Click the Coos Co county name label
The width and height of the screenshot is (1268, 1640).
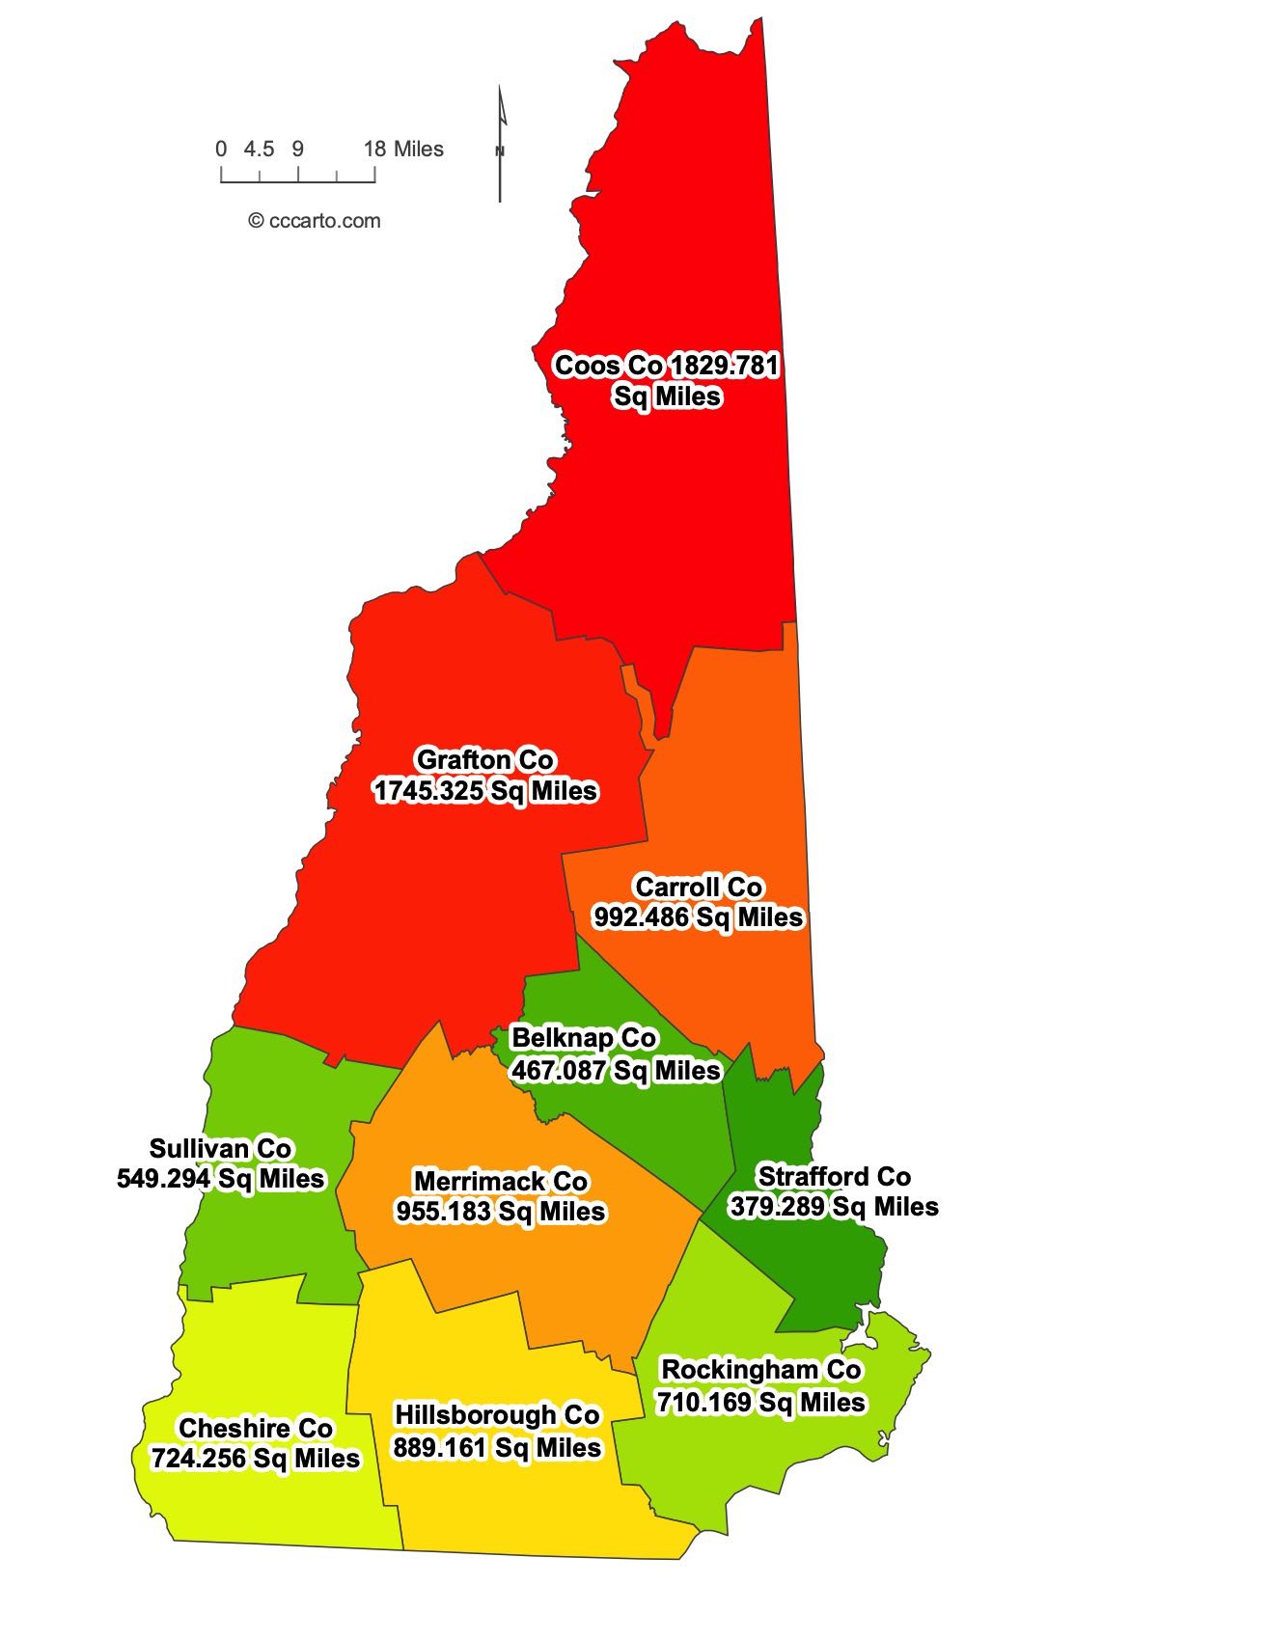pos(609,367)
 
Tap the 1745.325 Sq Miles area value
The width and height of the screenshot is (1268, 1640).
pos(485,791)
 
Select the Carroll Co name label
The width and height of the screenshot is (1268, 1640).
pos(699,887)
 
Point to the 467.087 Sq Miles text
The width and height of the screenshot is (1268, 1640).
pos(616,1071)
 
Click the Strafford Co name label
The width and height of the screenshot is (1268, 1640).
pos(834,1177)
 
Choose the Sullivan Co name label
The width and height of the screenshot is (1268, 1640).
pos(220,1149)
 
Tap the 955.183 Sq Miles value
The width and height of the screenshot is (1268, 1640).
pos(500,1212)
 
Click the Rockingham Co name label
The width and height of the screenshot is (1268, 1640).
pos(760,1370)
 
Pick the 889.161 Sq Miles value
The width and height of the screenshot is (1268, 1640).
pos(497,1448)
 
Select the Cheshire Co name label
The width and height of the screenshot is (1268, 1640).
pos(256,1429)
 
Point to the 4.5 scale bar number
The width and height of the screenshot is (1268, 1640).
pos(259,150)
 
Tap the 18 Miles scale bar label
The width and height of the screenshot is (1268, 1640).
pos(403,150)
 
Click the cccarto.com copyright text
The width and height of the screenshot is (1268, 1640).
pos(315,221)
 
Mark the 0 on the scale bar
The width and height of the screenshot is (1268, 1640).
pos(221,150)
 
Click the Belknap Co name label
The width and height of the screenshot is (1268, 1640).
pos(584,1039)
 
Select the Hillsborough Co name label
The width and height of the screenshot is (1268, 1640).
pos(497,1415)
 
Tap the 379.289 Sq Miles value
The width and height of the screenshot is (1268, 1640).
pos(834,1208)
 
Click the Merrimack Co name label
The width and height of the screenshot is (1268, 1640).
pos(500,1182)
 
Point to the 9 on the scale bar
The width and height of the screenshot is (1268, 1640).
pos(298,150)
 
